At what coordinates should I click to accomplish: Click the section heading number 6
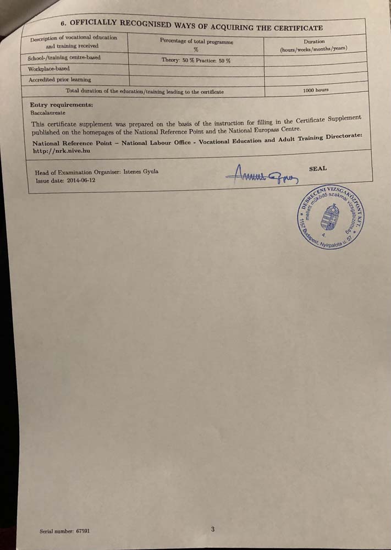(x=63, y=23)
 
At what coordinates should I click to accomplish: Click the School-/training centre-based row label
(x=64, y=58)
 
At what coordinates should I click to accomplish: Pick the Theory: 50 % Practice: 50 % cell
(x=196, y=60)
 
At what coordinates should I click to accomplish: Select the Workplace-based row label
(x=48, y=69)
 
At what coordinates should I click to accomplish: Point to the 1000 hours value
(x=316, y=90)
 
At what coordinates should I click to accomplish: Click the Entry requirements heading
(x=61, y=105)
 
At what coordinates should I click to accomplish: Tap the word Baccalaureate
(x=48, y=112)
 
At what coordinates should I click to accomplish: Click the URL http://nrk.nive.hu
(x=61, y=150)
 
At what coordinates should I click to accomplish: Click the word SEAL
(x=318, y=169)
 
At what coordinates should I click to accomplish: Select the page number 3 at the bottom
(x=212, y=529)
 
